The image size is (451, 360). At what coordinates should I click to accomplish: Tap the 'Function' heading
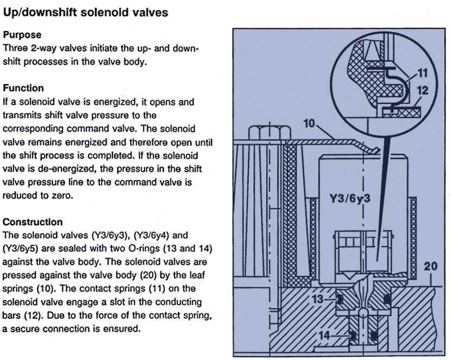23,88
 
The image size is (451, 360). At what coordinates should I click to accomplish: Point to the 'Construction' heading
33,222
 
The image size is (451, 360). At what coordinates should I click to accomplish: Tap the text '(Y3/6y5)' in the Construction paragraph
23,249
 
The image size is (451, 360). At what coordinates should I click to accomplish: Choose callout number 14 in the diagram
323,337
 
